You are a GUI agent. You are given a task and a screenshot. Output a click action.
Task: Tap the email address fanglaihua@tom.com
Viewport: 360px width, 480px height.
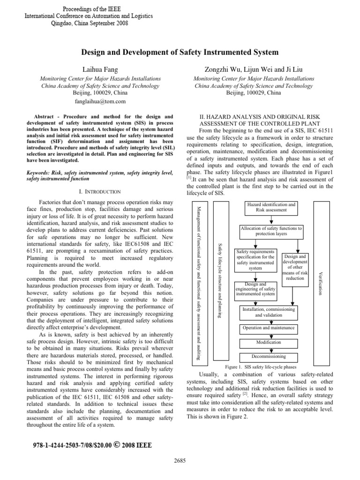(x=99, y=101)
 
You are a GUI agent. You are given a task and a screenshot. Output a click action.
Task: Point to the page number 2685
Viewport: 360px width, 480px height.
(x=180, y=460)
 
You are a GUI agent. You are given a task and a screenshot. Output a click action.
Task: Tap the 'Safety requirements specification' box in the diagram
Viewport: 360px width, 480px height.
(x=255, y=260)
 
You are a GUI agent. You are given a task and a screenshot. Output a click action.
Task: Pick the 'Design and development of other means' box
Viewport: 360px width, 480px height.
(x=294, y=267)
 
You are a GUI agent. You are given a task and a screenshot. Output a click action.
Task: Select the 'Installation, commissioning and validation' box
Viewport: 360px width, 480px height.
(x=268, y=313)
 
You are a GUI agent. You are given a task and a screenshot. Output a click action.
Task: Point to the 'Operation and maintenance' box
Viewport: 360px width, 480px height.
(x=269, y=328)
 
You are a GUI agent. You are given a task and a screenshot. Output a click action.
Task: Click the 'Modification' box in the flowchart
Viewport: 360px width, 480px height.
(x=269, y=343)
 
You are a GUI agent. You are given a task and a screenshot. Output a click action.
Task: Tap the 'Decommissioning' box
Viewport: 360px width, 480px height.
(x=269, y=357)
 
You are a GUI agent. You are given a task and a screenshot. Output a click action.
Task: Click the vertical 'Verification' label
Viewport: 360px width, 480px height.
(x=320, y=282)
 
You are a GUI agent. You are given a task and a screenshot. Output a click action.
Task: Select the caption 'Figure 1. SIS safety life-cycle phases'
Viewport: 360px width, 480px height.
(x=261, y=367)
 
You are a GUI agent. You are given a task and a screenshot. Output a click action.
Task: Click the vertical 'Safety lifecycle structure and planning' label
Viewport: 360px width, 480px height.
(x=221, y=280)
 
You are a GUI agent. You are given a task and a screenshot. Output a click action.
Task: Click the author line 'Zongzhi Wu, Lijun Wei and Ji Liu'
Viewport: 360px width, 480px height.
(x=254, y=69)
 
